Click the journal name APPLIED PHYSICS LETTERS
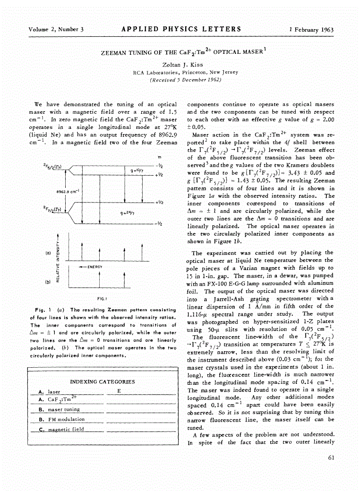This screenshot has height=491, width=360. coord(181,29)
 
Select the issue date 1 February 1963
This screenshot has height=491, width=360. coord(311,30)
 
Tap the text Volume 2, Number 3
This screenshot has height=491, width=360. coord(56,30)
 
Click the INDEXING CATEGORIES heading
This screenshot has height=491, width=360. coord(103,381)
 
